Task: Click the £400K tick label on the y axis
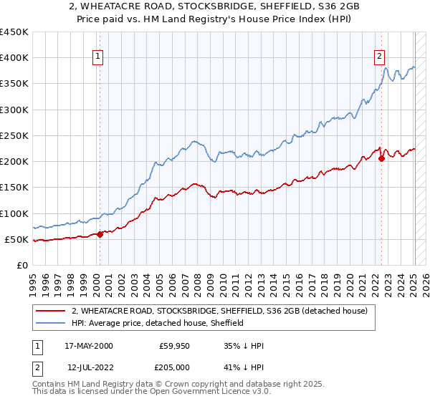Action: (x=14, y=58)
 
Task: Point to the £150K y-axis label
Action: (x=14, y=188)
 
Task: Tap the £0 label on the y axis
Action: (x=23, y=265)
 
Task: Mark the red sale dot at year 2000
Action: (x=100, y=234)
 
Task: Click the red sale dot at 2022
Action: (x=381, y=159)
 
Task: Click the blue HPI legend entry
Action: (x=158, y=323)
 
